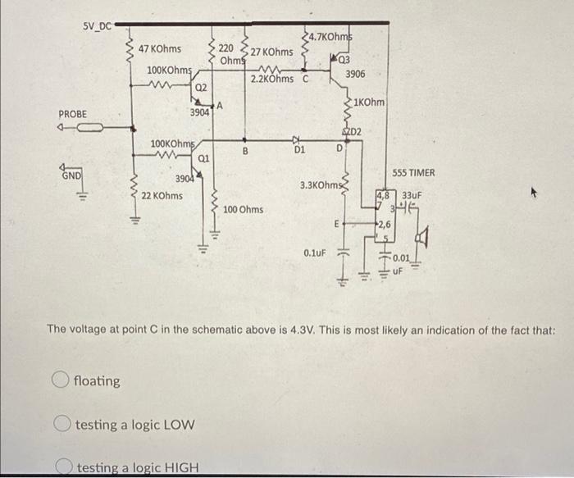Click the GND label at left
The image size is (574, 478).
[71, 175]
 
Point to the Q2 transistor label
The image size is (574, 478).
[201, 86]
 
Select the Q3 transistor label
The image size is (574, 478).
[344, 58]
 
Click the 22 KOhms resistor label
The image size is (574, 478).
[162, 196]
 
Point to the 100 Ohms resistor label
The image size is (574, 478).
[244, 210]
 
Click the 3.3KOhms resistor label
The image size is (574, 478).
[319, 186]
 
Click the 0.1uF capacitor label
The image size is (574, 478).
[315, 253]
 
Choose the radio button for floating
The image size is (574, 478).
[59, 380]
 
